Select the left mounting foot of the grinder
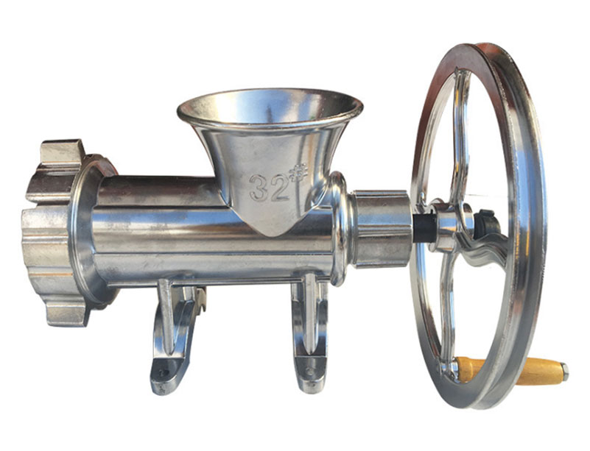pos(174,338)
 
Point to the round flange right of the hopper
pos(340,228)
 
